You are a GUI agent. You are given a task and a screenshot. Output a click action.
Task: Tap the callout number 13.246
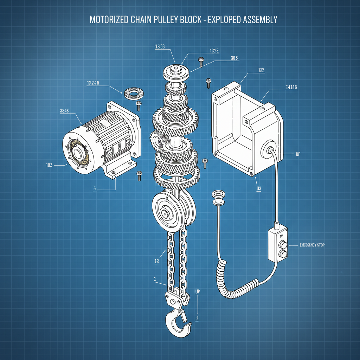tap(93, 83)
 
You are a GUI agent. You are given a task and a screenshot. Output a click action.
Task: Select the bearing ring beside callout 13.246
tap(133, 93)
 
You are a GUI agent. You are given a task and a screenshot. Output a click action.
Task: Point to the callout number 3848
tap(64, 110)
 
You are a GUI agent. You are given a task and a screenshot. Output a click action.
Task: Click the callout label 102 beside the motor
tap(49, 165)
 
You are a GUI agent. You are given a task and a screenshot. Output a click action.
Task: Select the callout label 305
tap(235, 58)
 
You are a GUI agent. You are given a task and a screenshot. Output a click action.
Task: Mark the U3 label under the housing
tap(259, 188)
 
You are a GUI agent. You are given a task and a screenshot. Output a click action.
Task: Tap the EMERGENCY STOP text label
tap(312, 245)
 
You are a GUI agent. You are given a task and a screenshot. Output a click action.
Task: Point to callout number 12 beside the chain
tap(157, 262)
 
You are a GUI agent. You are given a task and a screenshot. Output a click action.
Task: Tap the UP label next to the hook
tap(197, 291)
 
